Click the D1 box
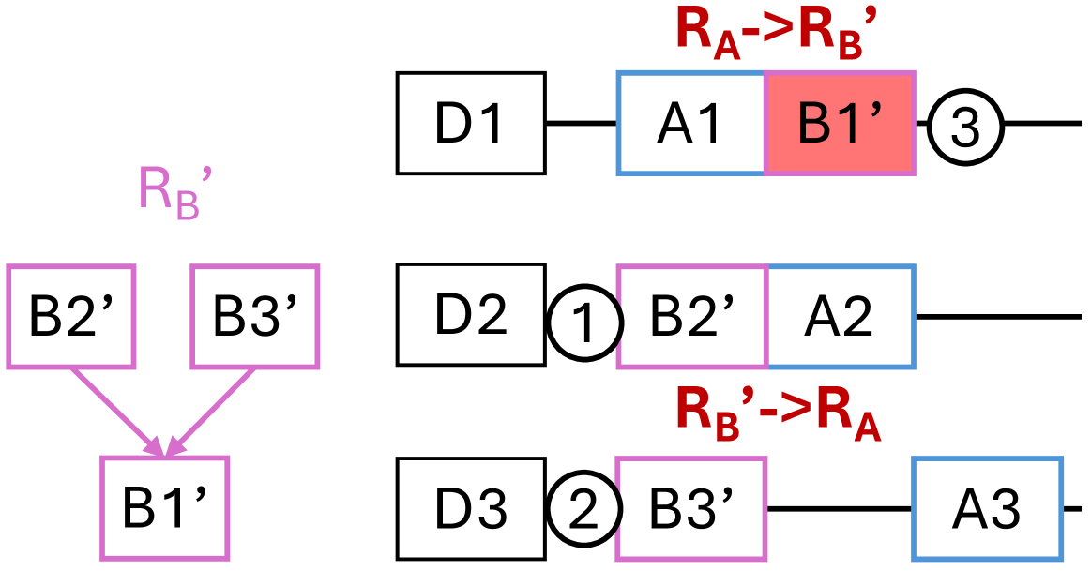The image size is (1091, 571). click(471, 124)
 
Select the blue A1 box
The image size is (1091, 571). click(691, 124)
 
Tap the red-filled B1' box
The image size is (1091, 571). click(840, 124)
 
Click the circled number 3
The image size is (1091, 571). click(966, 125)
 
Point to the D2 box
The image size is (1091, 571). click(471, 314)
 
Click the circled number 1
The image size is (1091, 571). click(585, 324)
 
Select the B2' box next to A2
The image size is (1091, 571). click(692, 316)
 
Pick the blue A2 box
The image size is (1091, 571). click(841, 316)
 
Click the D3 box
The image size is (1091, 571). click(471, 508)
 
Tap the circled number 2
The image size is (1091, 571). click(585, 510)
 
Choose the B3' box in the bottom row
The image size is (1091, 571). click(691, 508)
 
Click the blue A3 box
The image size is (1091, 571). click(987, 508)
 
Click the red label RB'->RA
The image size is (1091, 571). click(779, 413)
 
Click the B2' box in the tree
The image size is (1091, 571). click(72, 316)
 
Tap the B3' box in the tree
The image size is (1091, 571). click(255, 316)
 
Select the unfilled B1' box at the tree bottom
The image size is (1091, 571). click(164, 508)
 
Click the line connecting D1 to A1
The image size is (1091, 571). click(582, 124)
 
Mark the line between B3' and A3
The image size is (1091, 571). click(840, 508)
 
